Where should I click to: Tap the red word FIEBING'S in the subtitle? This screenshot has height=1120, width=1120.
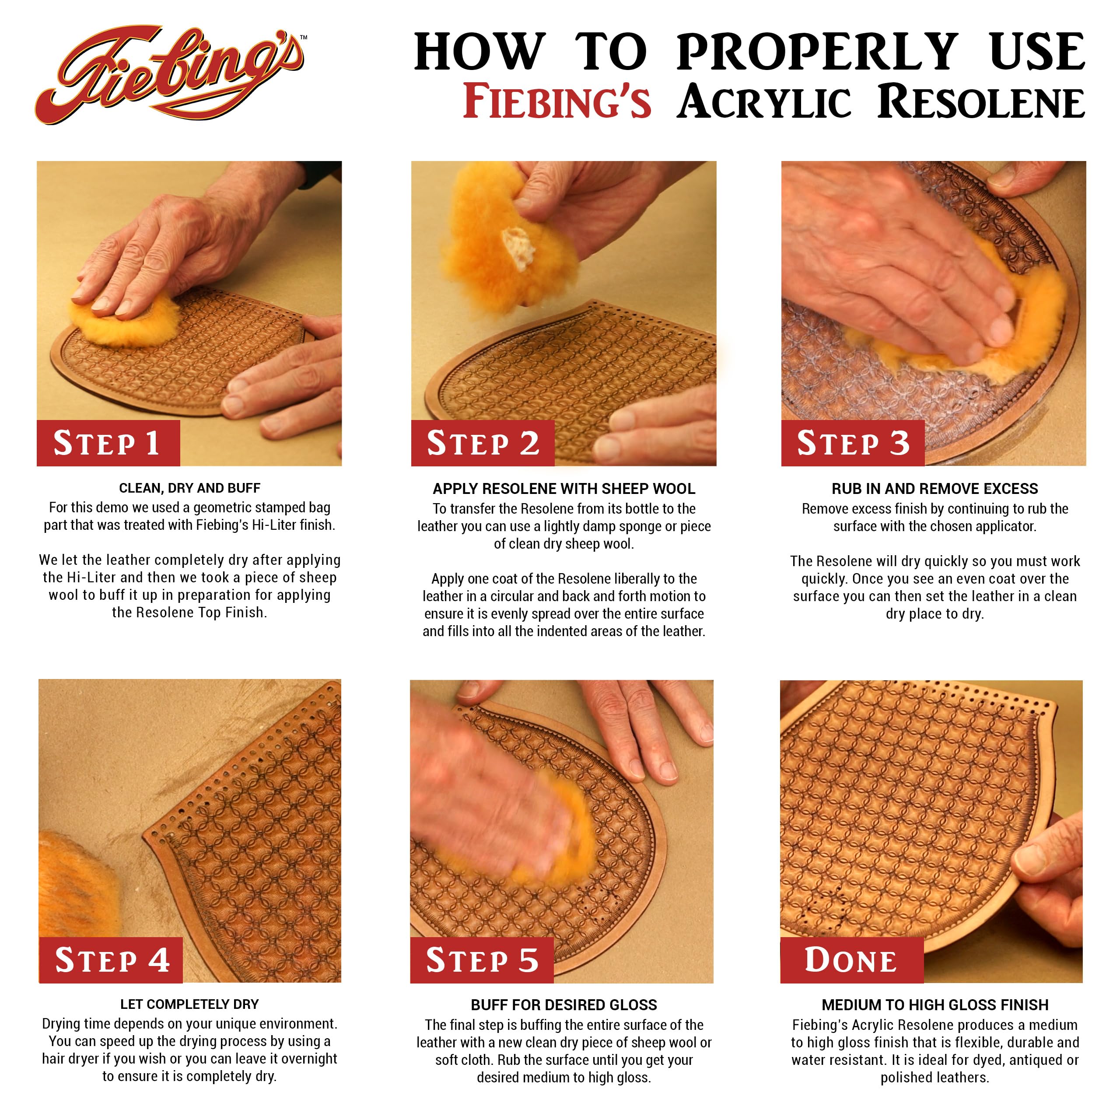[x=556, y=102]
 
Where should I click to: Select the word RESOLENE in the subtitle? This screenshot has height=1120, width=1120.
[x=980, y=102]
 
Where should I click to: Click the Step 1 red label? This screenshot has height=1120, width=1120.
[x=108, y=444]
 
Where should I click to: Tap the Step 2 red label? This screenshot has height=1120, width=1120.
[x=482, y=444]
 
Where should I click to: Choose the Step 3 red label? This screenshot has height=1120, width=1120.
[x=852, y=444]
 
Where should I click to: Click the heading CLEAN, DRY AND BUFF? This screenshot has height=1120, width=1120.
[x=189, y=488]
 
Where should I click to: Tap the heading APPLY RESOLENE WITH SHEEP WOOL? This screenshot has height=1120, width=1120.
[x=563, y=489]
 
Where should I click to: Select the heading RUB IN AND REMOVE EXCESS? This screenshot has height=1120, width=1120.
[x=934, y=489]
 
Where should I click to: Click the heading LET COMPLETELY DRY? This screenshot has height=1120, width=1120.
[x=189, y=1004]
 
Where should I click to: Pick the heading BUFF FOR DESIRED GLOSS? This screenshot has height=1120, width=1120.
[x=563, y=1004]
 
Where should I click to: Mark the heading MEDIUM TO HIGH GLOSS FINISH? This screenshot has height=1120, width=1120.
[x=934, y=1004]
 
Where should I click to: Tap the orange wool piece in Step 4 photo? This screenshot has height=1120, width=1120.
[x=73, y=881]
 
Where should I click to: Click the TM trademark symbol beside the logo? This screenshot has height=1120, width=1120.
[x=304, y=38]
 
